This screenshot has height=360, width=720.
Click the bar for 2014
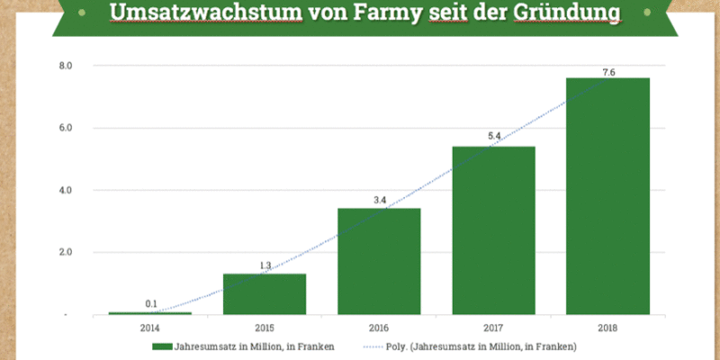click(150, 313)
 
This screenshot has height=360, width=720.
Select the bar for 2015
click(265, 294)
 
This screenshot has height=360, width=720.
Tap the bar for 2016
click(379, 261)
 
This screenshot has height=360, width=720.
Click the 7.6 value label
click(607, 72)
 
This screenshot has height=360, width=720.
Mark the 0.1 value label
click(150, 304)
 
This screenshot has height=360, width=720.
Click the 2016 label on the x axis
click(379, 328)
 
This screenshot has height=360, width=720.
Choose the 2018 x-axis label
click(607, 328)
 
